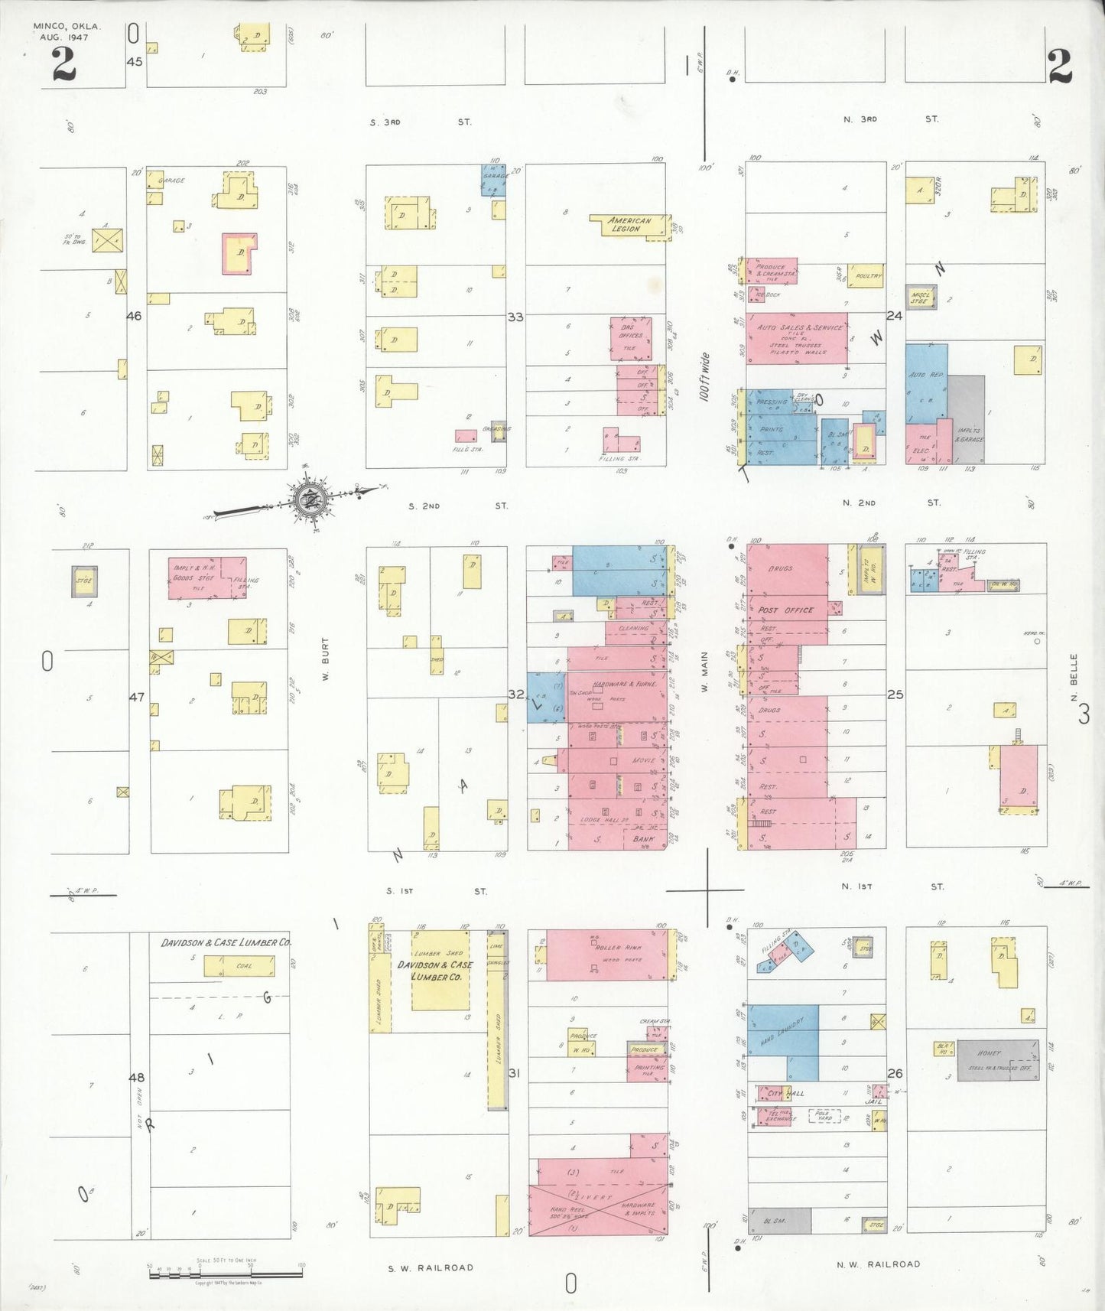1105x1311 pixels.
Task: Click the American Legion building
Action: coord(629,224)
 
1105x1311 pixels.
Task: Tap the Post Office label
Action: coord(786,610)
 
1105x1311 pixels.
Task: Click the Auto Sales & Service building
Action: coord(798,337)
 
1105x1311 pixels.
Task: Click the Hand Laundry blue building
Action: coord(782,1042)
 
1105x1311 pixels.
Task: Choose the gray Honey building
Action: coord(996,1059)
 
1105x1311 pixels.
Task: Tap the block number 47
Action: coord(136,698)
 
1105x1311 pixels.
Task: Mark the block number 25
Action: coord(895,695)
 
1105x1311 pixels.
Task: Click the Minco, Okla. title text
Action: coord(67,26)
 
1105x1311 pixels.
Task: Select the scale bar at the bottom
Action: coord(226,1273)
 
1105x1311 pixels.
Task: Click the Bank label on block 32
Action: coord(644,839)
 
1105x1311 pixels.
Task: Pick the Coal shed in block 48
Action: coord(239,966)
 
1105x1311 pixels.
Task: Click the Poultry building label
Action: coord(868,276)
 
